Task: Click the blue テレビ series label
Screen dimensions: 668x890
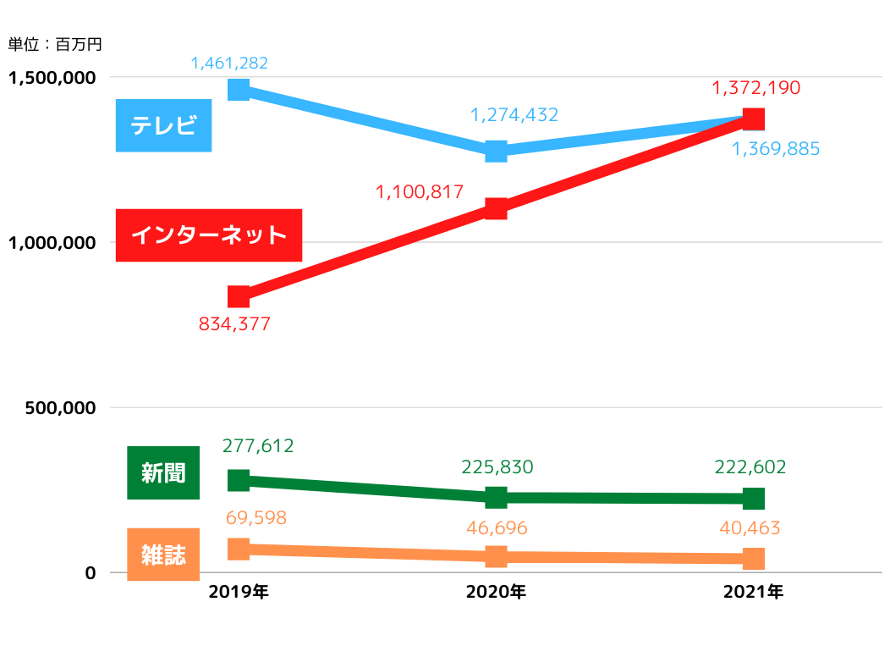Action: pos(163,125)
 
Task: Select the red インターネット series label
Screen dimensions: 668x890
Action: pos(209,235)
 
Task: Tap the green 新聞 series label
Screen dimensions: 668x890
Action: pos(163,472)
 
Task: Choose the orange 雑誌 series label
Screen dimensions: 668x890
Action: pos(163,555)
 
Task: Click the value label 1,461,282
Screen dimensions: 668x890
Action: pos(229,63)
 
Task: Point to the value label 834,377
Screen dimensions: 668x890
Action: pos(234,323)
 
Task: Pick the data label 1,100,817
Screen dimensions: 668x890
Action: pos(420,192)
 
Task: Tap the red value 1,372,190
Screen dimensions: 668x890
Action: pos(756,87)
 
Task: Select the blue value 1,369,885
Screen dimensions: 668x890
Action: pos(776,149)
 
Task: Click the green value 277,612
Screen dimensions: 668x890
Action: pos(258,445)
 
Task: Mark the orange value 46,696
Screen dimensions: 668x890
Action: pos(497,528)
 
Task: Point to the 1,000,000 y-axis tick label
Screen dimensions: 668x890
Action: pos(51,243)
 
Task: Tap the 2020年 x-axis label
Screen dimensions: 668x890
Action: pos(496,593)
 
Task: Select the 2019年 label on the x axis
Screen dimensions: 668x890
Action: pos(239,593)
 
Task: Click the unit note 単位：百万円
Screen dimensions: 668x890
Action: pos(54,43)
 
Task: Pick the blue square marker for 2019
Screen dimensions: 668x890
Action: pos(239,89)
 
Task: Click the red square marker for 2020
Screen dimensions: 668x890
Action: pos(496,208)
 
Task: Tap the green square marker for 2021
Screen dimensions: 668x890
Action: pos(754,498)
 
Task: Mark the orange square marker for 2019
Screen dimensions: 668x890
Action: pos(239,549)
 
